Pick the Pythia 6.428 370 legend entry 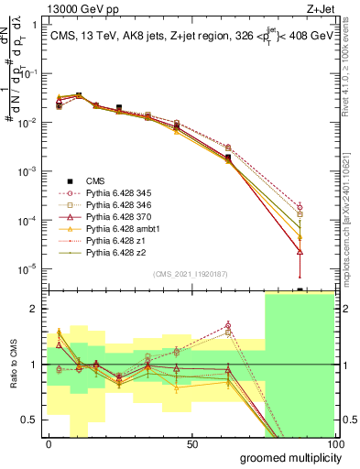(115, 217)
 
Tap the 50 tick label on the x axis (192, 443)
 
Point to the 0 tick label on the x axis (49, 443)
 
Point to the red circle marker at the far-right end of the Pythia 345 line (300, 208)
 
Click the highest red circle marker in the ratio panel (228, 325)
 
